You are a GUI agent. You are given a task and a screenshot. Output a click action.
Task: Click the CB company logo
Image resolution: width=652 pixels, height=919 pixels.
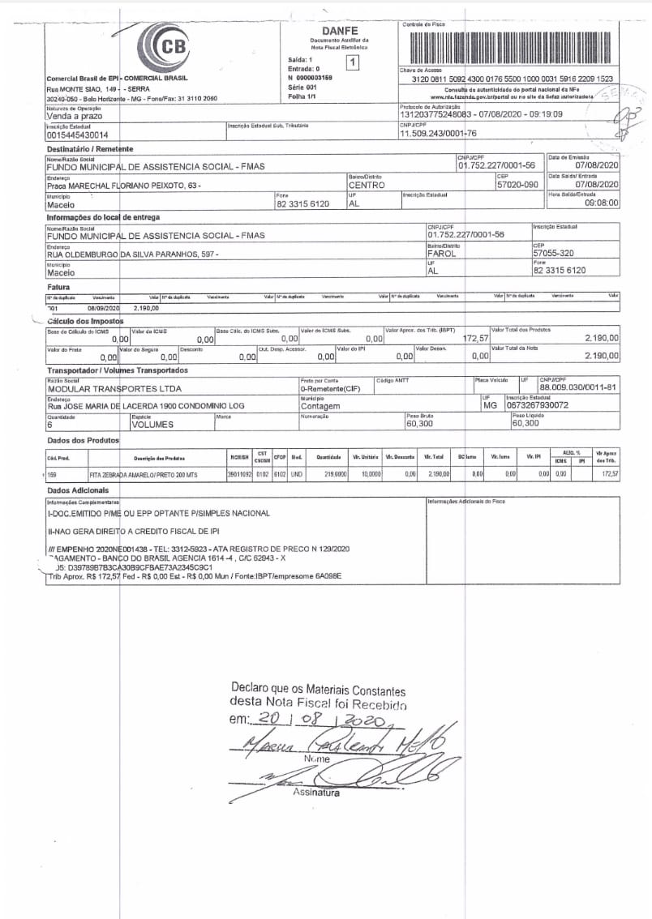[x=167, y=45]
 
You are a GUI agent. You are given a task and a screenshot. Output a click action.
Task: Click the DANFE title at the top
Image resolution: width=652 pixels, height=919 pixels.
[x=339, y=30]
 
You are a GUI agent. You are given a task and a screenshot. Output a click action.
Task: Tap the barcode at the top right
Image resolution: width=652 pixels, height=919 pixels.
[x=510, y=48]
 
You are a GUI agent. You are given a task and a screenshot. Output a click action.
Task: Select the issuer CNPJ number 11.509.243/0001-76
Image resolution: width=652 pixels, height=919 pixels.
[x=439, y=134]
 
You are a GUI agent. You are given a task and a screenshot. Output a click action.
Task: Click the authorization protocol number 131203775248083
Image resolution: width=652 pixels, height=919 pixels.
[x=435, y=115]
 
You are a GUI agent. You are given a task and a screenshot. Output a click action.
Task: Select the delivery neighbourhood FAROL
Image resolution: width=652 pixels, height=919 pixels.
[x=442, y=254]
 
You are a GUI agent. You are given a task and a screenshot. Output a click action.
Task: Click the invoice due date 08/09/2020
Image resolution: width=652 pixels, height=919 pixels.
[x=104, y=309]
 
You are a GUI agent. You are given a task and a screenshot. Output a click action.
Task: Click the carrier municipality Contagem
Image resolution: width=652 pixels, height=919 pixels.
[x=320, y=406]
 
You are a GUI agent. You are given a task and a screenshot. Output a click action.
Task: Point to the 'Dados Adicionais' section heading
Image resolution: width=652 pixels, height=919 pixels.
[x=78, y=491]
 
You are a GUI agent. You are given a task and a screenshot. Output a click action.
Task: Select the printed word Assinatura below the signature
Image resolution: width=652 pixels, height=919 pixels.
[x=316, y=792]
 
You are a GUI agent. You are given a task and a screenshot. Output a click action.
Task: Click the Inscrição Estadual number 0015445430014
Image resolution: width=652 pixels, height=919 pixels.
[x=78, y=135]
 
